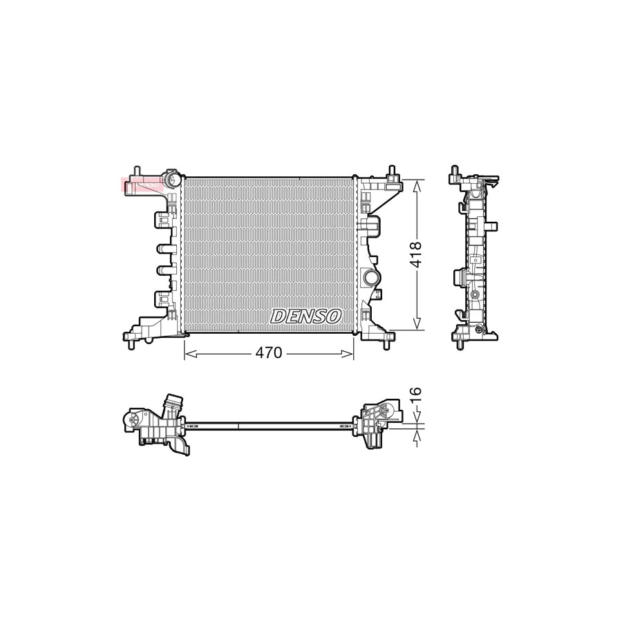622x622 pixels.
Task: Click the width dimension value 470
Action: (x=269, y=353)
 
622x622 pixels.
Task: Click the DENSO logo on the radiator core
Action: (x=305, y=317)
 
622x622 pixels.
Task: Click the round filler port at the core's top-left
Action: (x=172, y=180)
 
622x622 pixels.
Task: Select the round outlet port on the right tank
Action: (x=370, y=278)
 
